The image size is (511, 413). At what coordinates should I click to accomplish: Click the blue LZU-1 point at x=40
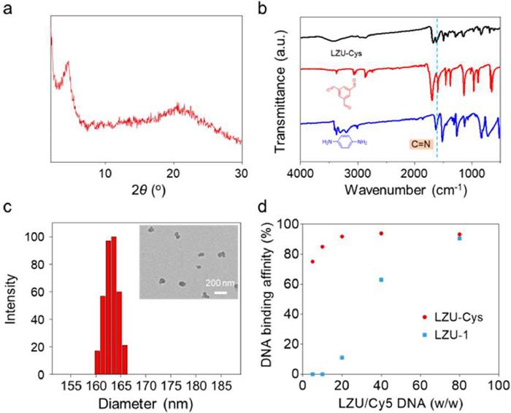(381, 279)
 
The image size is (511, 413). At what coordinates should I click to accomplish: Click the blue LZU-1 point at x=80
(459, 238)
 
